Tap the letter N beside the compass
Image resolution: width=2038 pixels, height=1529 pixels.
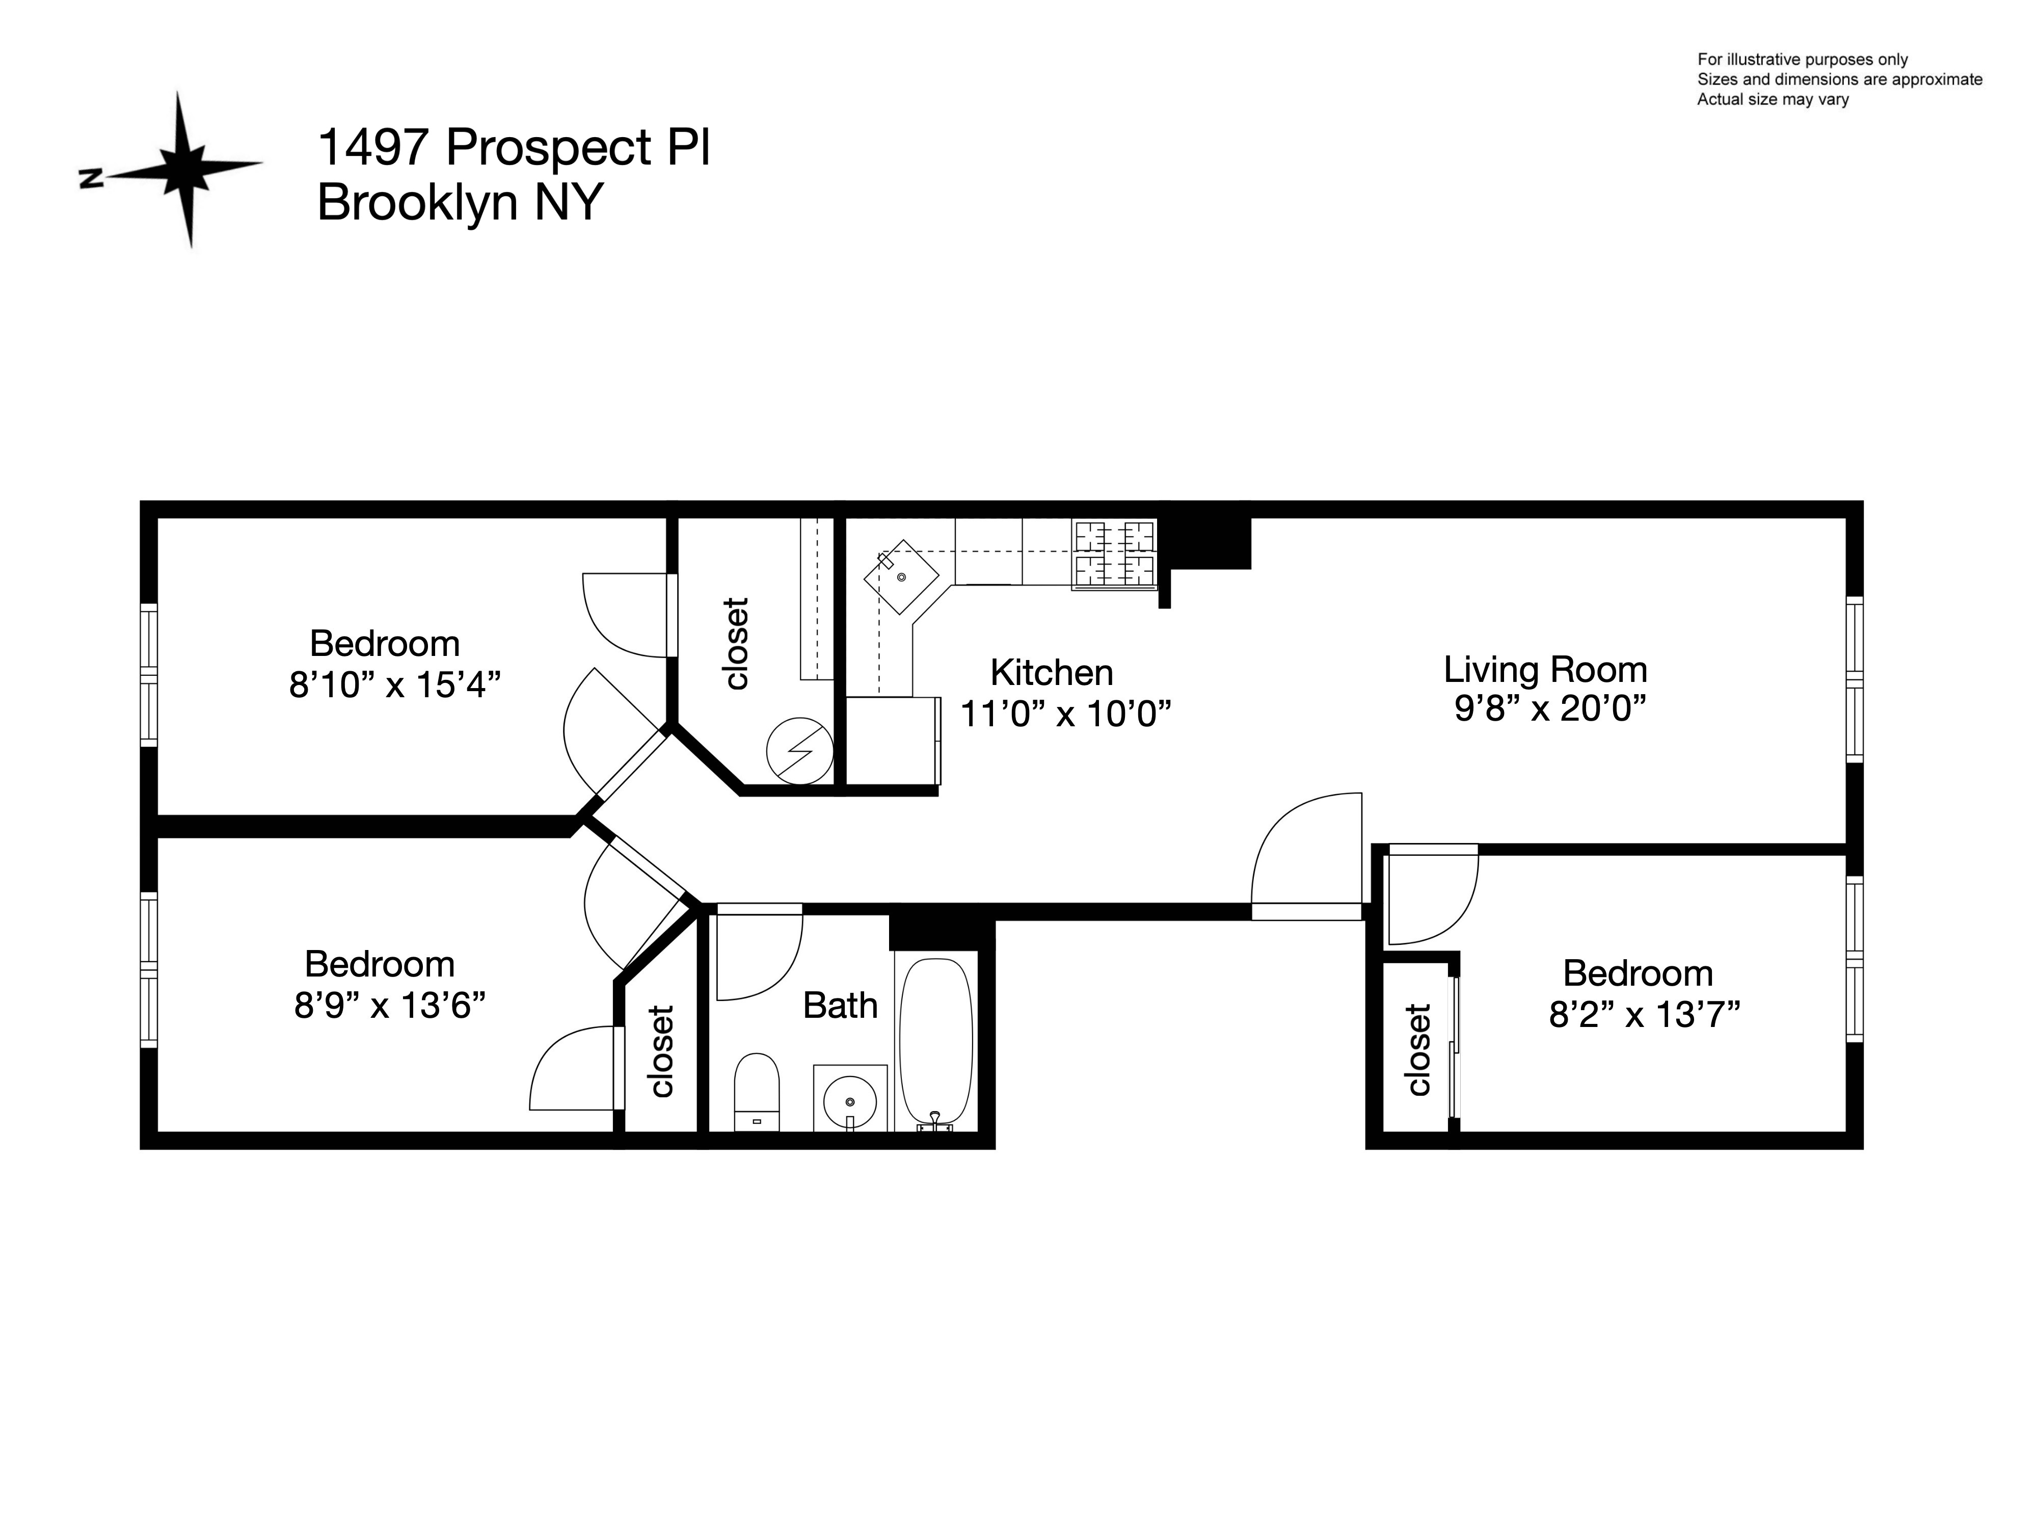(x=90, y=178)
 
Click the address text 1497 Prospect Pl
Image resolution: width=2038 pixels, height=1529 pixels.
(x=513, y=147)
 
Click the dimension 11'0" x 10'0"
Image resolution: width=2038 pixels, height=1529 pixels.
(x=1065, y=714)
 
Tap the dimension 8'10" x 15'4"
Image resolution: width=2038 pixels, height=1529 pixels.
(x=394, y=685)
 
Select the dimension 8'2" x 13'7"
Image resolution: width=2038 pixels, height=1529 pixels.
(x=1644, y=1015)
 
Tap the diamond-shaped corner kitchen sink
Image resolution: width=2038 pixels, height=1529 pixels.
(x=900, y=577)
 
